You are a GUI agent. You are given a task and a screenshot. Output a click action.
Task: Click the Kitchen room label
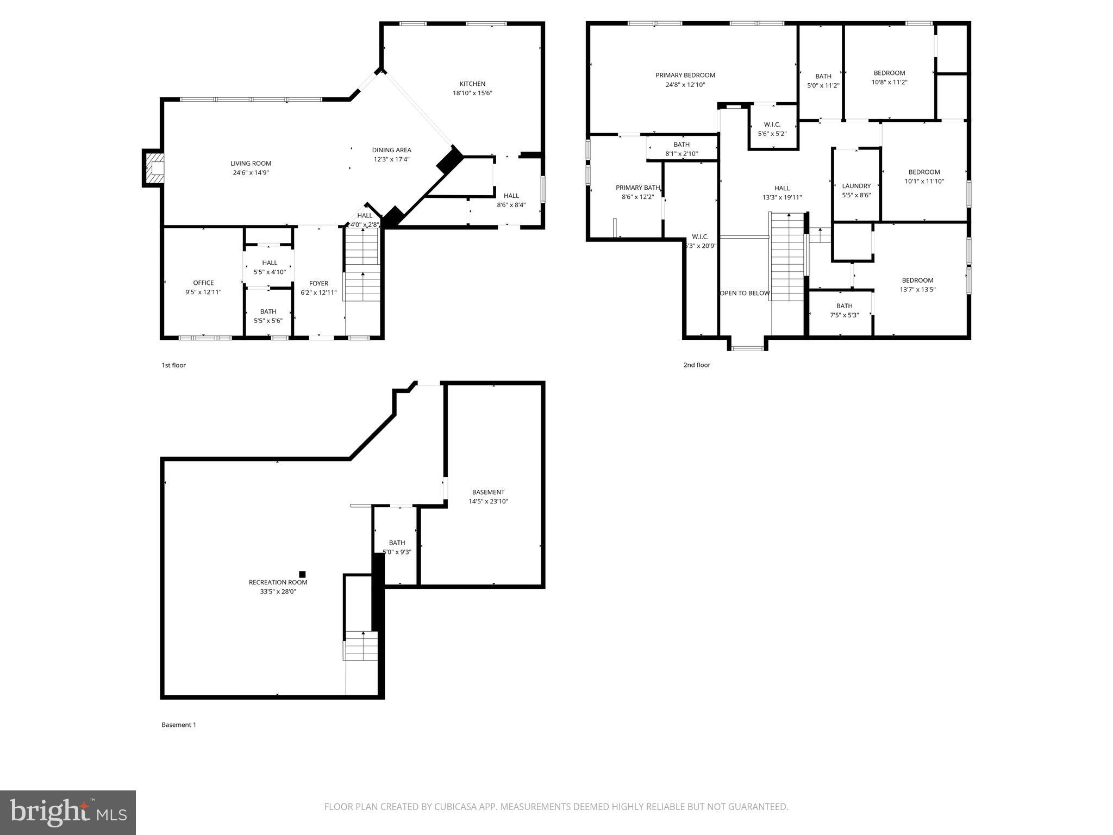click(472, 84)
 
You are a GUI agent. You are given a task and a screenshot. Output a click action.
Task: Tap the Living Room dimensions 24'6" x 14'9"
click(251, 173)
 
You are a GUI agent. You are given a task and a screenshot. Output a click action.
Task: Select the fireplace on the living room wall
click(153, 168)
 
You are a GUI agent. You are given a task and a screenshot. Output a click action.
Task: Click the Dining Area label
click(391, 150)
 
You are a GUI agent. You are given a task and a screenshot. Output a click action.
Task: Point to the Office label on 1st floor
click(203, 283)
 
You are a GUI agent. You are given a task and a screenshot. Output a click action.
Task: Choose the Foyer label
click(318, 283)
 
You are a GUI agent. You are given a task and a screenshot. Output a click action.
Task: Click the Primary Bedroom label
click(685, 75)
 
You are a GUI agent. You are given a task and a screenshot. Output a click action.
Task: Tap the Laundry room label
click(856, 186)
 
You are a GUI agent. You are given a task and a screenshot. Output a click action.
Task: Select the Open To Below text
click(745, 293)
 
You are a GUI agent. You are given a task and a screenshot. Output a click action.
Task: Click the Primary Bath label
click(637, 188)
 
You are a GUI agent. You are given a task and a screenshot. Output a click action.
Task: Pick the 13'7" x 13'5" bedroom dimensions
click(917, 290)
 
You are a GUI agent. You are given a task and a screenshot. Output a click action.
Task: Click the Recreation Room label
click(278, 582)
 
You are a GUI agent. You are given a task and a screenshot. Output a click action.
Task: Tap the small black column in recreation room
click(302, 574)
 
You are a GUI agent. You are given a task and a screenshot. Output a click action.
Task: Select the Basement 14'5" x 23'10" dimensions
click(488, 501)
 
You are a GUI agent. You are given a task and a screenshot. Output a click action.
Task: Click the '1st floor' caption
click(173, 365)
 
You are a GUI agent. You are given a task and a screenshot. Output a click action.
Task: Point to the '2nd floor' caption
click(696, 365)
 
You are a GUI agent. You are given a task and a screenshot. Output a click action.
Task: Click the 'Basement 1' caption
click(178, 725)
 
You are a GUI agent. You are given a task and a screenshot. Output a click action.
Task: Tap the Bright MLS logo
click(68, 812)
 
